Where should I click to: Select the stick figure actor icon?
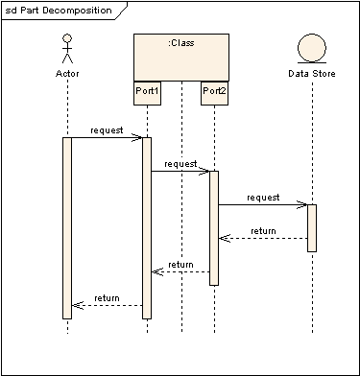coord(67,48)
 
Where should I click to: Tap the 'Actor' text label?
coord(67,73)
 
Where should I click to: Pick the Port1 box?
coord(147,92)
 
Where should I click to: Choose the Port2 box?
coord(214,92)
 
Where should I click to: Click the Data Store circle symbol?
coord(312,48)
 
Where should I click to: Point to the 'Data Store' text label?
coord(312,73)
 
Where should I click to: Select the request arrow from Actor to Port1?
coord(107,137)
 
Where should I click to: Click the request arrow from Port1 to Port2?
coord(180,172)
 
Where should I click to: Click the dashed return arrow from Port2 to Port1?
coord(180,271)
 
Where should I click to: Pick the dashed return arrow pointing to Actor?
coord(107,305)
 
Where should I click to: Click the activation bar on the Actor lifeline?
coord(67,227)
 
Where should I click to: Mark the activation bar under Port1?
coord(147,227)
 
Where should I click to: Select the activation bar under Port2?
coord(214,227)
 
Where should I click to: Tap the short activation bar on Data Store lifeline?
coord(312,227)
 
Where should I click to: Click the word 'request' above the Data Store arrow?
coord(262,197)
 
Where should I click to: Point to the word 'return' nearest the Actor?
coord(107,297)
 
